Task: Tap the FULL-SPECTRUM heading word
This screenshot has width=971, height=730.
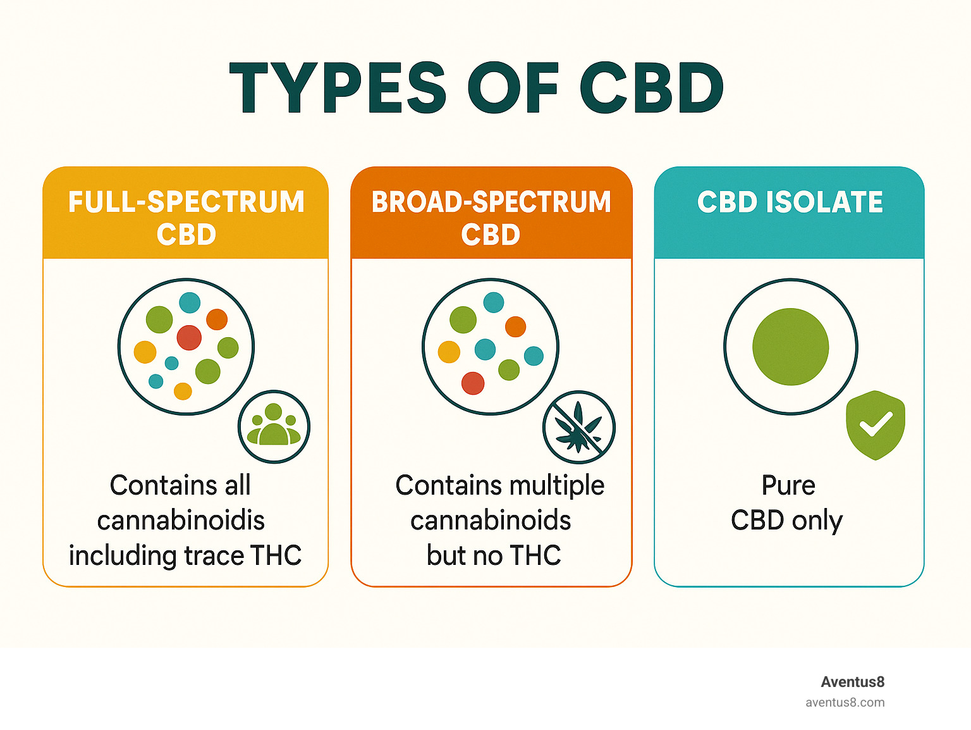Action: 186,202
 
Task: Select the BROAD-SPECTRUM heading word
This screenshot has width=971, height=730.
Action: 491,202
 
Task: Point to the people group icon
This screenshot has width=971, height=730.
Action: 274,426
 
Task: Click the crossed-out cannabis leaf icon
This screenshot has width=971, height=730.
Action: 578,427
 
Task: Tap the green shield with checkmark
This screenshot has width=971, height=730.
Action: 876,425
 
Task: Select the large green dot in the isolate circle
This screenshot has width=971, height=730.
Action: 790,347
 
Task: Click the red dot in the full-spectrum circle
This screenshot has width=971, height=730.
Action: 189,338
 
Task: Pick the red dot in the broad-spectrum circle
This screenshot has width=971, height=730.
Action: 473,383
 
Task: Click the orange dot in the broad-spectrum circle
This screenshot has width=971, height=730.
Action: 515,326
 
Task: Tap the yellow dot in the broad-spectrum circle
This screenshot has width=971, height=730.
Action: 449,352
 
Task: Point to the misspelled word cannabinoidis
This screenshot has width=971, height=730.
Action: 181,520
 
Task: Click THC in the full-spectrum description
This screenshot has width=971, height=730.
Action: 276,555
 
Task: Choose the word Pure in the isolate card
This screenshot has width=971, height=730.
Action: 788,485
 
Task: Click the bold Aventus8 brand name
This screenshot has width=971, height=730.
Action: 852,682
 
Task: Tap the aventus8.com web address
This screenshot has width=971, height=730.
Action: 845,703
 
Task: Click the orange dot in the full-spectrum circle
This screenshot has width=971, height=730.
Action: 217,319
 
